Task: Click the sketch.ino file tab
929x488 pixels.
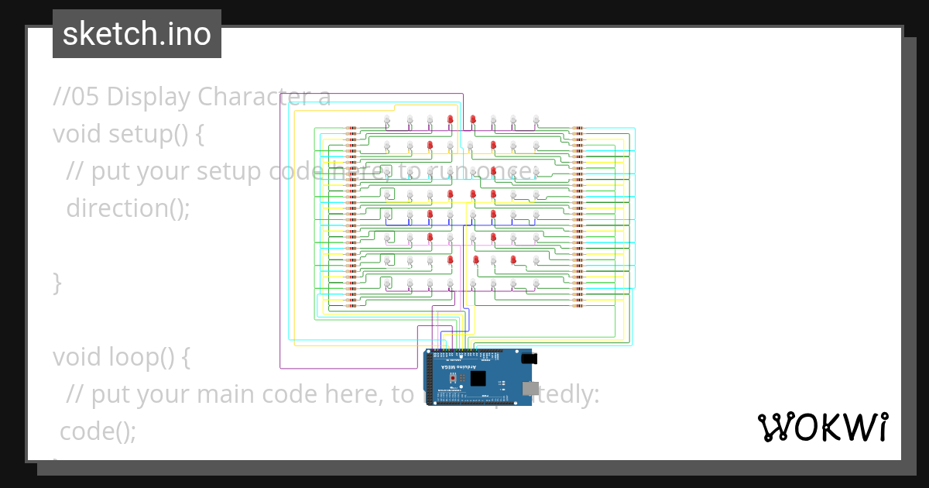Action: [x=137, y=34]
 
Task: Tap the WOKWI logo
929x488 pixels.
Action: [x=822, y=427]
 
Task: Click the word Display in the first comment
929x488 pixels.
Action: [x=149, y=97]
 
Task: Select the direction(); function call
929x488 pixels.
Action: [x=128, y=208]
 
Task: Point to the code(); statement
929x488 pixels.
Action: [x=98, y=431]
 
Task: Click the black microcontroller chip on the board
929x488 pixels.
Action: [x=478, y=379]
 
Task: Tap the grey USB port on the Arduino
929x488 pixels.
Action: [x=531, y=388]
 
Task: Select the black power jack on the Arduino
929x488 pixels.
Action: [x=530, y=359]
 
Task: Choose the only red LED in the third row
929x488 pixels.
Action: [x=493, y=171]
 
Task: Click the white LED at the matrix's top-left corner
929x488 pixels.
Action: [x=387, y=119]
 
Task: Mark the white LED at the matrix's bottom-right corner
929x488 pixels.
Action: [x=536, y=285]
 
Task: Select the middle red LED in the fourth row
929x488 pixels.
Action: [x=471, y=194]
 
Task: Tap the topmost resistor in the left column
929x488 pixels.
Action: [x=351, y=129]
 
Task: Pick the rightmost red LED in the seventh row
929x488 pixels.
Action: [x=513, y=259]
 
